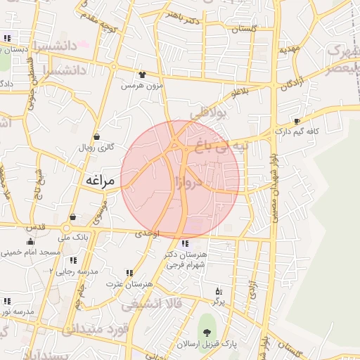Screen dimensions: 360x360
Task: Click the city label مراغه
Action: (99, 180)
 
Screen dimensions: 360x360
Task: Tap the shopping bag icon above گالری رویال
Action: (96, 137)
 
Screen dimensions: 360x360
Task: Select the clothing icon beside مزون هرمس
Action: (143, 75)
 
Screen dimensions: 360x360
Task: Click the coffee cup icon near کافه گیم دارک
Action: (297, 122)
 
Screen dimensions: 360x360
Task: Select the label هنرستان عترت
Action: (120, 284)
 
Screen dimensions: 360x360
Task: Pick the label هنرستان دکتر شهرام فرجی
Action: (184, 259)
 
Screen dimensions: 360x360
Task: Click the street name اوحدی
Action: (148, 233)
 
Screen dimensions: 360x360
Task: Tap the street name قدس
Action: (34, 227)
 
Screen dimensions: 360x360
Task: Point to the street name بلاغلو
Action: (240, 93)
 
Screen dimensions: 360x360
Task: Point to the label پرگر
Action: (219, 302)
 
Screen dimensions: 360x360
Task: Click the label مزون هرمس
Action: (136, 85)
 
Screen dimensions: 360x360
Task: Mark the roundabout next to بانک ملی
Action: (68, 228)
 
